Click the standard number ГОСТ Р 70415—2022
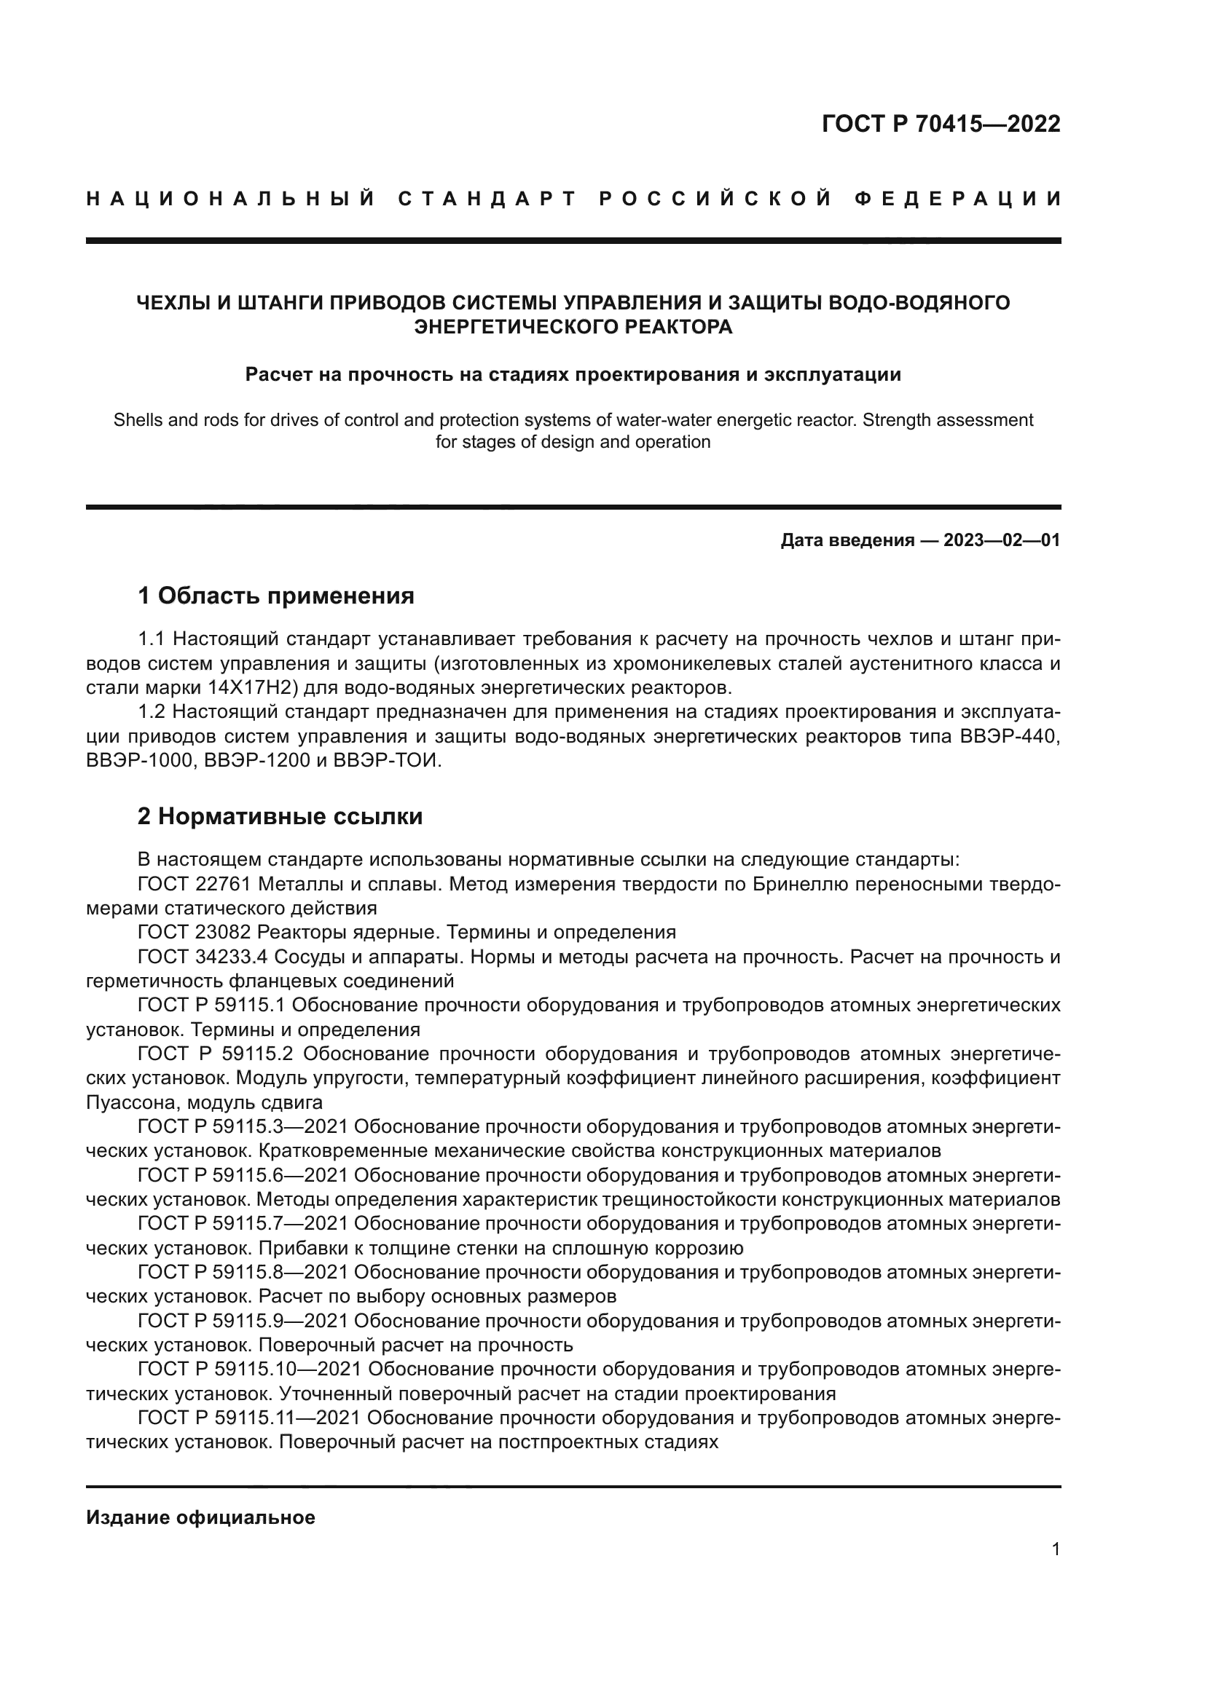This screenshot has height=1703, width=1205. pyautogui.click(x=941, y=124)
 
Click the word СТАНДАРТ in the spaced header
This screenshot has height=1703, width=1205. pyautogui.click(x=487, y=199)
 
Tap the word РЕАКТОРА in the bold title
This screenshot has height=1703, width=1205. pyautogui.click(x=678, y=327)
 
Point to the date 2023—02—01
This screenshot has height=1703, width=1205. pyautogui.click(x=1002, y=540)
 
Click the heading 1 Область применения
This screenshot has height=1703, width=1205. pyautogui.click(x=275, y=596)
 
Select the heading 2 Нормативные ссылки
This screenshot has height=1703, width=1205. pyautogui.click(x=280, y=817)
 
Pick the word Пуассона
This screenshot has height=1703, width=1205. pyautogui.click(x=128, y=1103)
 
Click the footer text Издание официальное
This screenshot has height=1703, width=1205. pyautogui.click(x=200, y=1517)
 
